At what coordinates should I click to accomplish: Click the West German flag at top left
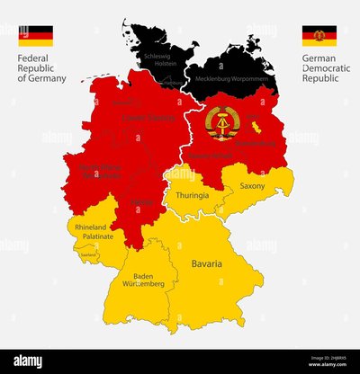coord(35,36)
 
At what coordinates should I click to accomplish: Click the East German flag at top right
coord(319,36)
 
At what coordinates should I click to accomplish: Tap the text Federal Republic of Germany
coord(41,68)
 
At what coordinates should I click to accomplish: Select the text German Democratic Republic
coord(323,68)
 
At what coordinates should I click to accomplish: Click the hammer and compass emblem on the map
coord(221,123)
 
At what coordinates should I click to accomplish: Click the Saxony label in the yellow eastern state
coord(252,186)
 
